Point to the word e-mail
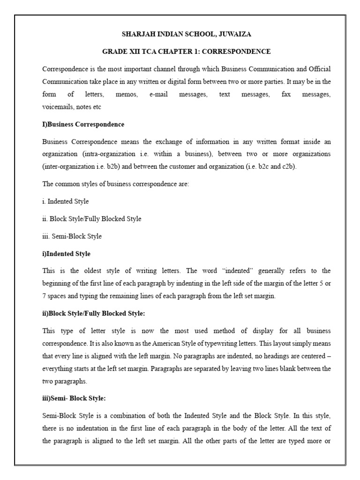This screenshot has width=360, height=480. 158,95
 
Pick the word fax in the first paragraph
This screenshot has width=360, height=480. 286,95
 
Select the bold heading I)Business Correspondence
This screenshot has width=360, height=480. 83,125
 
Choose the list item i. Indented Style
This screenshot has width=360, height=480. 65,202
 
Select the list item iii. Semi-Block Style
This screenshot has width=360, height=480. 72,236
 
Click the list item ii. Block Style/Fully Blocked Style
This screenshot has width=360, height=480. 91,219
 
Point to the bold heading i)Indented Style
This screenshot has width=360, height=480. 66,254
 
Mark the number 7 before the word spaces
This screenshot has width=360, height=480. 44,296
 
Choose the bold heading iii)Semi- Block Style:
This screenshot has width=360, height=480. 74,398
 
